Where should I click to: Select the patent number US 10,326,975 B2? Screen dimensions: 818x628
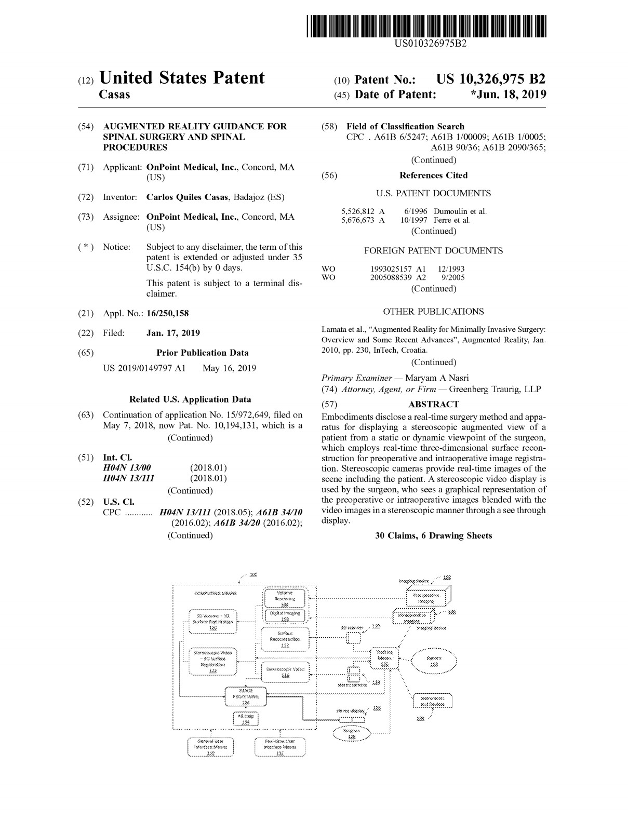tap(491, 79)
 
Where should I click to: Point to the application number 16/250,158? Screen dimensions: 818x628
tap(168, 313)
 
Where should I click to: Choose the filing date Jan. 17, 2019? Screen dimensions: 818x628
tap(173, 333)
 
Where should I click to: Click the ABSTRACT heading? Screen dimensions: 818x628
tap(434, 404)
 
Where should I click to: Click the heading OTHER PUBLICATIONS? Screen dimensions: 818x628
tap(433, 312)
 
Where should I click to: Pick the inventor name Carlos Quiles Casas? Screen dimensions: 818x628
tap(188, 197)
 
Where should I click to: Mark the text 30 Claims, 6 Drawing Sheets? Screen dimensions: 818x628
tap(433, 536)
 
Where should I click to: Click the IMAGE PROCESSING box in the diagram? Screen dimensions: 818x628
tap(246, 696)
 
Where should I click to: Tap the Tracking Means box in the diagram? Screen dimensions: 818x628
tap(384, 659)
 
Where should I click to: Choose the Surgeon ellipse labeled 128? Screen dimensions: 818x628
tap(352, 733)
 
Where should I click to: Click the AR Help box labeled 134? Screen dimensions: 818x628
tap(246, 718)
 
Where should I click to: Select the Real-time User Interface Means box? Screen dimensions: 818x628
tap(280, 747)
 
